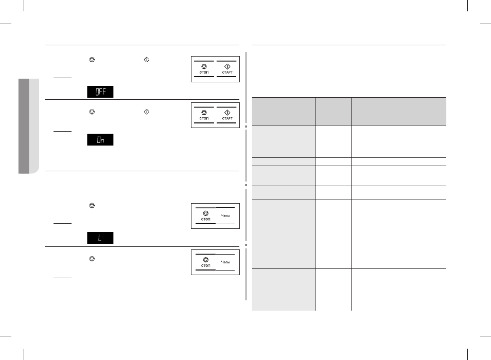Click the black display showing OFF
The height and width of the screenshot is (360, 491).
point(100,92)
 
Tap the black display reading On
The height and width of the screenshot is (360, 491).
point(100,139)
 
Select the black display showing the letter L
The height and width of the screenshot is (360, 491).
point(100,238)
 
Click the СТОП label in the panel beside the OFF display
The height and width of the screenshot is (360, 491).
point(204,72)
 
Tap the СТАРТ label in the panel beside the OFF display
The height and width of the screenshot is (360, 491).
point(227,72)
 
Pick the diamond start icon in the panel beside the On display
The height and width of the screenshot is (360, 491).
point(227,113)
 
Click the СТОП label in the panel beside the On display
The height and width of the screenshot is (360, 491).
point(204,118)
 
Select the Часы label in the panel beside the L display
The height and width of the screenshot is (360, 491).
point(225,215)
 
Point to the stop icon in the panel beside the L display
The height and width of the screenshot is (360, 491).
point(206,213)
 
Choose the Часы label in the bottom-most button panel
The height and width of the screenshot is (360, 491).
point(225,262)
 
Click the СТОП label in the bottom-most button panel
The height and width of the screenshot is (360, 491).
point(206,265)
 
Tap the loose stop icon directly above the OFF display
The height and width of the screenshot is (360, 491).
point(92,60)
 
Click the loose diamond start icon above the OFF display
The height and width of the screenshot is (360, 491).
point(147,60)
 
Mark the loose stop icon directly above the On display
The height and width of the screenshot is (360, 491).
point(92,112)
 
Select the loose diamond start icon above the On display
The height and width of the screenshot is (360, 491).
point(147,112)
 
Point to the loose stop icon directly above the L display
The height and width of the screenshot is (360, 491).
point(92,206)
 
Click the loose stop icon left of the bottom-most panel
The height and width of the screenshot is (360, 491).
point(92,259)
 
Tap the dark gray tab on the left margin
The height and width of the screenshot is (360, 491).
point(24,126)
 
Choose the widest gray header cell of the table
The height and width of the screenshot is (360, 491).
point(399,112)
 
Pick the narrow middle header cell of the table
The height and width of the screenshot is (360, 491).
point(333,112)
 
